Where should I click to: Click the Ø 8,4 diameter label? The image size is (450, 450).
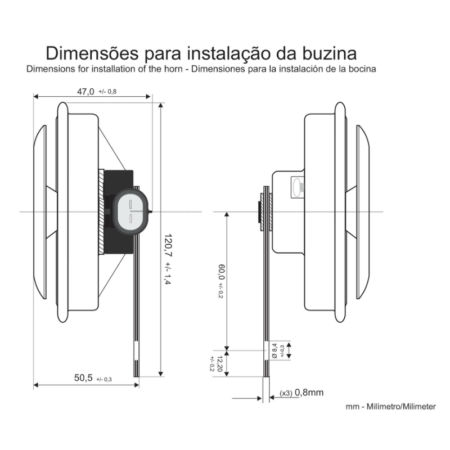pyautogui.click(x=274, y=350)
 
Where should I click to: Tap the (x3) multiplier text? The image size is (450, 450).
pyautogui.click(x=287, y=393)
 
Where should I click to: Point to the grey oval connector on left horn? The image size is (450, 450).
pyautogui.click(x=131, y=210)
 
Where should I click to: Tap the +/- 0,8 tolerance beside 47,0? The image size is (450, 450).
pyautogui.click(x=107, y=92)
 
